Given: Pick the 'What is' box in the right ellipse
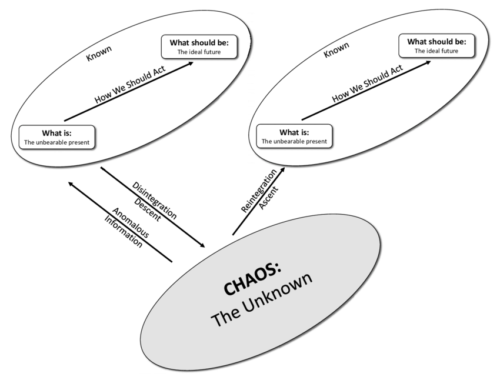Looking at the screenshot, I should coord(295,136).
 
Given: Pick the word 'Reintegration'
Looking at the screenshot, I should coord(258,191).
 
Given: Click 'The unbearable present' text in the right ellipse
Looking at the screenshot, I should coord(295,142).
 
